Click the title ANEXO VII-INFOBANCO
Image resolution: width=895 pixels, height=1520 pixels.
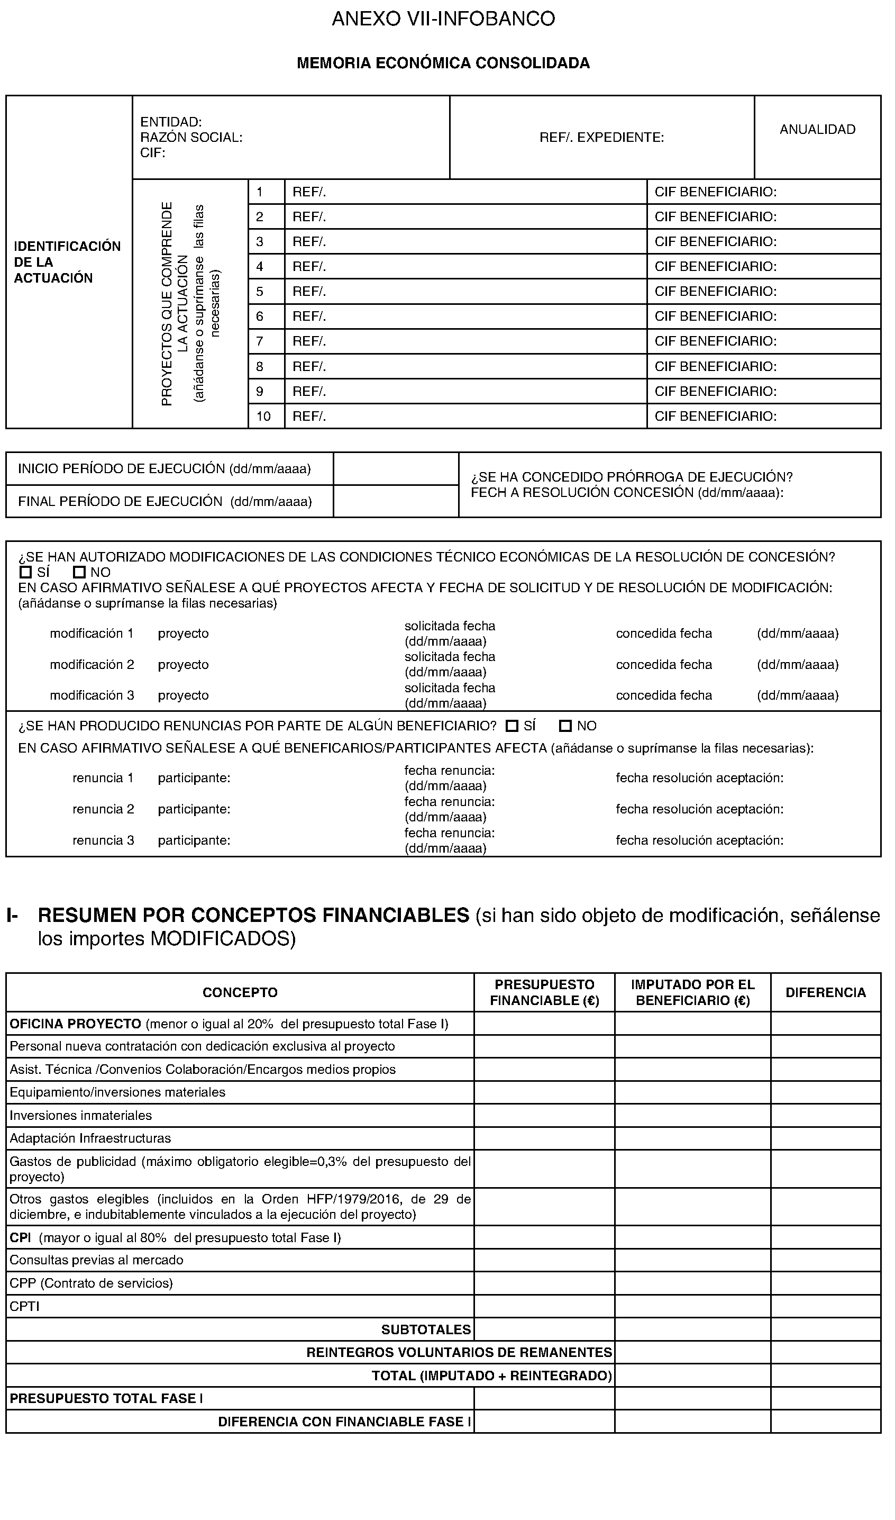click(443, 19)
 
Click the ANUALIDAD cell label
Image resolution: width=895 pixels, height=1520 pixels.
click(817, 129)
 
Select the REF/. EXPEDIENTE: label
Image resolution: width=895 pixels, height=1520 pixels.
click(601, 138)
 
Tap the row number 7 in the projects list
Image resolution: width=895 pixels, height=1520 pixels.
click(260, 341)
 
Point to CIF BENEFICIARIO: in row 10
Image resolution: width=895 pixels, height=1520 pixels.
click(715, 417)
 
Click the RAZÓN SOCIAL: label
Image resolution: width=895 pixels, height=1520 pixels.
click(191, 138)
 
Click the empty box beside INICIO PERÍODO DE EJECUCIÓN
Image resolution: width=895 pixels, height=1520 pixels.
click(396, 469)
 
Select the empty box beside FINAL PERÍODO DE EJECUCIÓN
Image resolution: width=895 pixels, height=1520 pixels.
click(396, 501)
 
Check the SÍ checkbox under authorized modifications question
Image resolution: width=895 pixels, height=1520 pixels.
click(25, 572)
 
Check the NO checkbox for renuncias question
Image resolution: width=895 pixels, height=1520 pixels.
click(565, 726)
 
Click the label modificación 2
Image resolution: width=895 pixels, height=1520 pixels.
click(92, 665)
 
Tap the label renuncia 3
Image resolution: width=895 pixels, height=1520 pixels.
click(103, 840)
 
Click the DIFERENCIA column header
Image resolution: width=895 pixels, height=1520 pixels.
click(825, 993)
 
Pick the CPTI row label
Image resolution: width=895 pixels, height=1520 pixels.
click(25, 1306)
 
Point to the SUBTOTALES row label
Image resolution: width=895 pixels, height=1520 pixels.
click(426, 1329)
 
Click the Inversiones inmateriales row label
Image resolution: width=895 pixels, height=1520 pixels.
click(81, 1116)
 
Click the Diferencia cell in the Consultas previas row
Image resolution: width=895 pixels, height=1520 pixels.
click(825, 1260)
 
